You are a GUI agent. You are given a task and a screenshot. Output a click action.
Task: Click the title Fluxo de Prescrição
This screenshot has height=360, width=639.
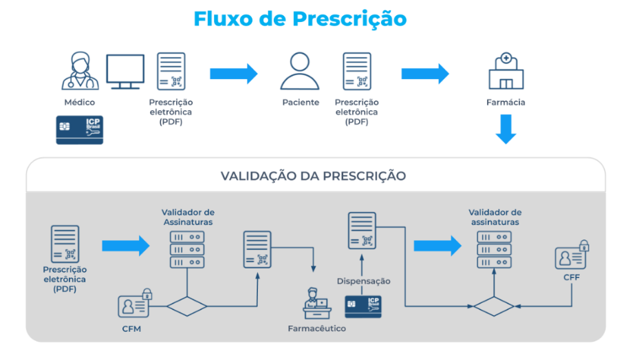pyautogui.click(x=300, y=19)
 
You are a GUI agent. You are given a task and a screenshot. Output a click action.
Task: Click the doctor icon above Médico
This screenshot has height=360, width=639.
pyautogui.click(x=80, y=71)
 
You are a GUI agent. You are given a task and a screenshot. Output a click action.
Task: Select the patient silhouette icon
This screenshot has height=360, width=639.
pyautogui.click(x=300, y=71)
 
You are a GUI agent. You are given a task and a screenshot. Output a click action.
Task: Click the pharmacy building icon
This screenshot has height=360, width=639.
pyautogui.click(x=506, y=71)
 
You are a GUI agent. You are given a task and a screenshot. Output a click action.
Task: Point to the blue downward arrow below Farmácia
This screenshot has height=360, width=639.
pyautogui.click(x=506, y=129)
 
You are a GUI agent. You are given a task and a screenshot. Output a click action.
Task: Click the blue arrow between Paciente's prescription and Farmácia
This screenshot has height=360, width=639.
pyautogui.click(x=424, y=74)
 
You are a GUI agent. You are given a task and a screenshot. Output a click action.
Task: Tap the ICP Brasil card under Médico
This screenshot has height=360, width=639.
pyautogui.click(x=80, y=129)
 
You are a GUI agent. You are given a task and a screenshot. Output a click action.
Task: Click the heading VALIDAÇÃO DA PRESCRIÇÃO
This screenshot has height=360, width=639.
pyautogui.click(x=313, y=176)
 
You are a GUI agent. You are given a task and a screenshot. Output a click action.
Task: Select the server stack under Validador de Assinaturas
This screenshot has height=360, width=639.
pyautogui.click(x=187, y=248)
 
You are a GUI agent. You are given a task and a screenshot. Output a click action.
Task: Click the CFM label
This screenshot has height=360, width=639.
pyautogui.click(x=131, y=329)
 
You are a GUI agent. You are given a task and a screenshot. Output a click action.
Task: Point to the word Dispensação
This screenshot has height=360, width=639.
pyautogui.click(x=364, y=281)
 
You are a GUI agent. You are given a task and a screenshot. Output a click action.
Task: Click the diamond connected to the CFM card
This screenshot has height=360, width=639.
pyautogui.click(x=186, y=306)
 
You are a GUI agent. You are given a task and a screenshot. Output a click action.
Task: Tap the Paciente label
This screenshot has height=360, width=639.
pyautogui.click(x=301, y=103)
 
